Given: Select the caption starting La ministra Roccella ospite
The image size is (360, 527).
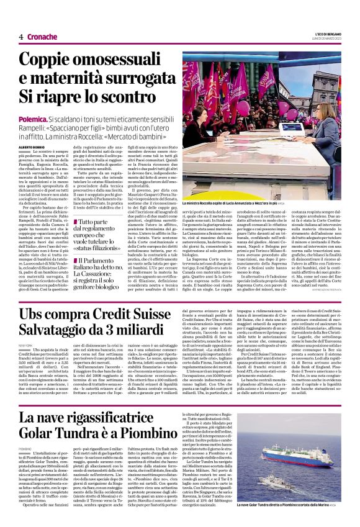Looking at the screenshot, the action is click(x=229, y=202).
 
